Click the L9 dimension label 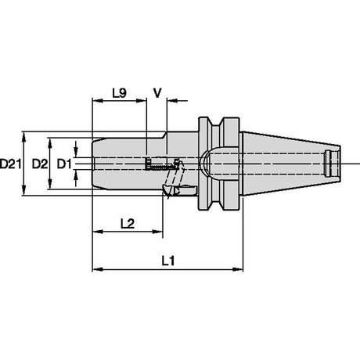coord(120,92)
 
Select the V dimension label coord(157,93)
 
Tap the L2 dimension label coord(128,224)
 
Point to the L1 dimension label coord(168,261)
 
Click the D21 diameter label coord(10,164)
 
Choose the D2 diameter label coord(40,164)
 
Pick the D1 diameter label coord(64,164)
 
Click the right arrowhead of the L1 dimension coord(237,269)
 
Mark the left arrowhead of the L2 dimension coord(98,232)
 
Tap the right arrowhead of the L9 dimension coord(141,101)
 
